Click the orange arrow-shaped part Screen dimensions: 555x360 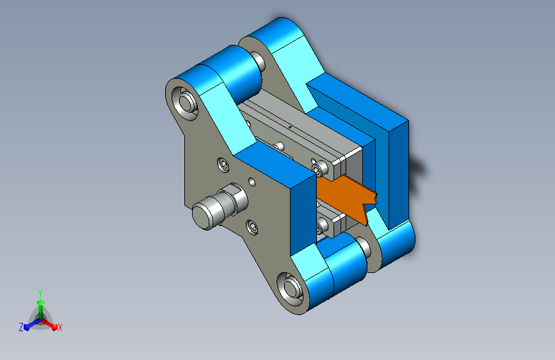(x=345, y=197)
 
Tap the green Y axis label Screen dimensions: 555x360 (x=40, y=293)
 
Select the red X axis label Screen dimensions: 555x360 (x=60, y=327)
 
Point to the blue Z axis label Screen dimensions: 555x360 (x=21, y=327)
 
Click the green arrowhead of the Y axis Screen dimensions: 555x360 (x=41, y=302)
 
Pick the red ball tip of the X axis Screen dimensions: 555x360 (x=54, y=327)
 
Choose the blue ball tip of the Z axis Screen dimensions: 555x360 (x=27, y=327)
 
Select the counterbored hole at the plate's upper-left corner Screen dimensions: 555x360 (x=184, y=102)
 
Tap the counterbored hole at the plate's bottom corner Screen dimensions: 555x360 (x=289, y=288)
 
